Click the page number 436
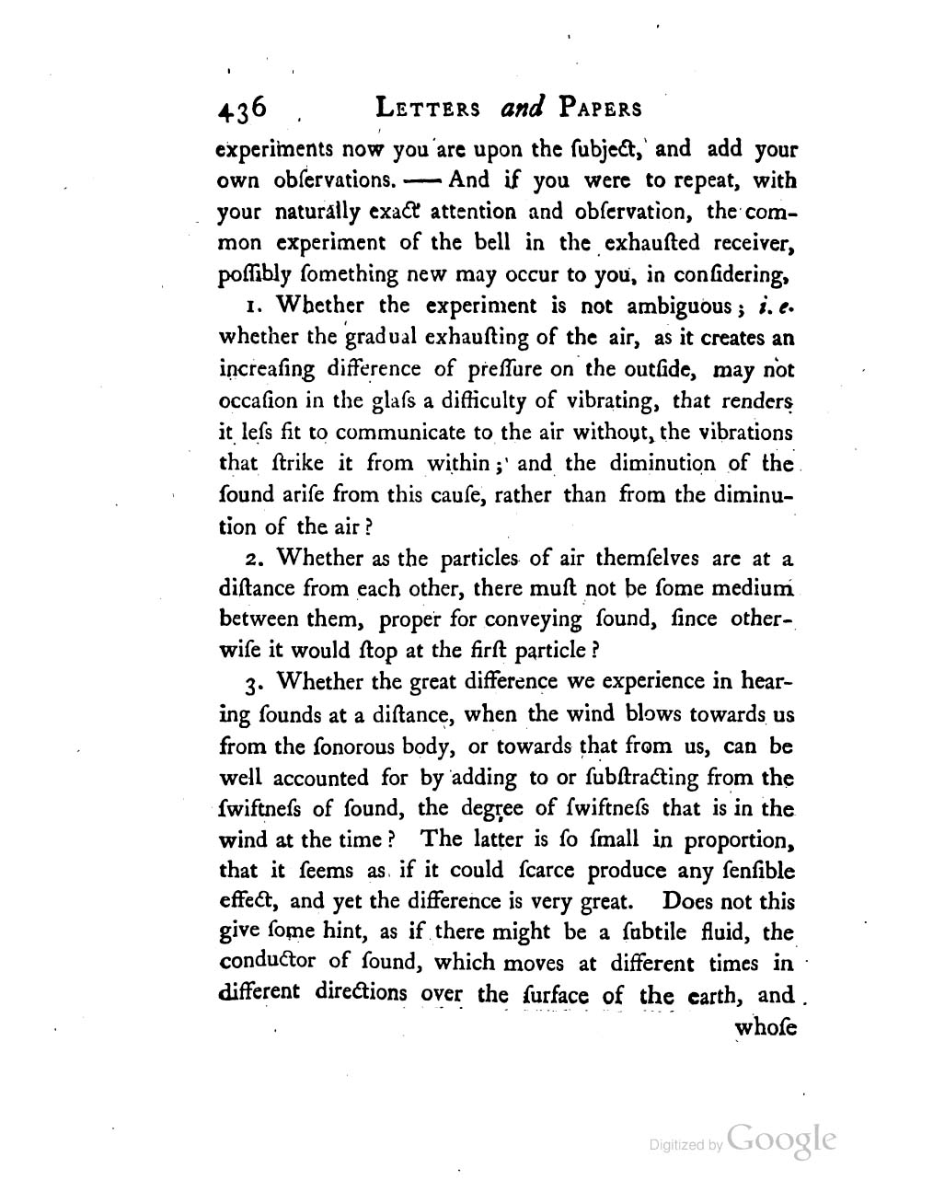coord(241,110)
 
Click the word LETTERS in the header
coord(429,109)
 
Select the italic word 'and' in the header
coord(524,109)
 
